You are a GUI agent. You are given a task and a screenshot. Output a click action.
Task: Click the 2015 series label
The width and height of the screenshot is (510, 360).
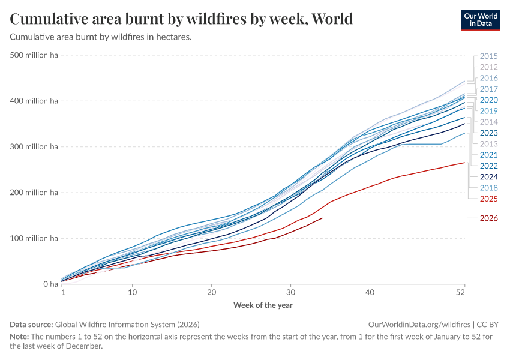488,56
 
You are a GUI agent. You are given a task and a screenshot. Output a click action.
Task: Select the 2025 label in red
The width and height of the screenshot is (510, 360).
488,199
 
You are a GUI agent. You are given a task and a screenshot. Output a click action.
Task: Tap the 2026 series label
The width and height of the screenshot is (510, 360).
488,218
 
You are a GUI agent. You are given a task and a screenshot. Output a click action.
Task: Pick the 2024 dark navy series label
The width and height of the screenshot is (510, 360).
488,177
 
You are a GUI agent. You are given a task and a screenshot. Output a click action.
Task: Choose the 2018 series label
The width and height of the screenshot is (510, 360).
488,188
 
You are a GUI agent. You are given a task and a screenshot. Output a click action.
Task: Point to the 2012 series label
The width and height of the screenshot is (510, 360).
488,67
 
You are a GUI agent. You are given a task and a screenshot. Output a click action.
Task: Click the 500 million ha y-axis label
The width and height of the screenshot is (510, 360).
34,55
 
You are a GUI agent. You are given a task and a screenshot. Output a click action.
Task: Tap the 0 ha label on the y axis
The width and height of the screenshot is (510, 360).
50,284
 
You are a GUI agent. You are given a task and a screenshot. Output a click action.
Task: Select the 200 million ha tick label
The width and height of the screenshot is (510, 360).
34,193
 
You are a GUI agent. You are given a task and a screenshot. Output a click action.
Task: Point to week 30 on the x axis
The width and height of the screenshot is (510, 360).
290,292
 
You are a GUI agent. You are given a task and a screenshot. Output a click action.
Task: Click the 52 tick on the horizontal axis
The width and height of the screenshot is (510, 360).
460,292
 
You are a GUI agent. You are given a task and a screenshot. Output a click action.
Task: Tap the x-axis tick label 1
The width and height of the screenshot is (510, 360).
64,292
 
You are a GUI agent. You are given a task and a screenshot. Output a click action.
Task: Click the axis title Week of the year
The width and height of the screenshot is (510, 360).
263,305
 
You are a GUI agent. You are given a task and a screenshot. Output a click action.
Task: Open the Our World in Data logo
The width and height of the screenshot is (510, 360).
481,20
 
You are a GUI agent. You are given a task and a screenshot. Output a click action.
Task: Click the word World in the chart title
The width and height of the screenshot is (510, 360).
332,19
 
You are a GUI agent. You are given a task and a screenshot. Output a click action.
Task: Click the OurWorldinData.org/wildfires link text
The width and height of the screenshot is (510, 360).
419,325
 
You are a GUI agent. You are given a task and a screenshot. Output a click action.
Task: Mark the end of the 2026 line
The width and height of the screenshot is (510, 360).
322,218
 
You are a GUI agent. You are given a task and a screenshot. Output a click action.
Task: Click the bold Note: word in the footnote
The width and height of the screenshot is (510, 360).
19,336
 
